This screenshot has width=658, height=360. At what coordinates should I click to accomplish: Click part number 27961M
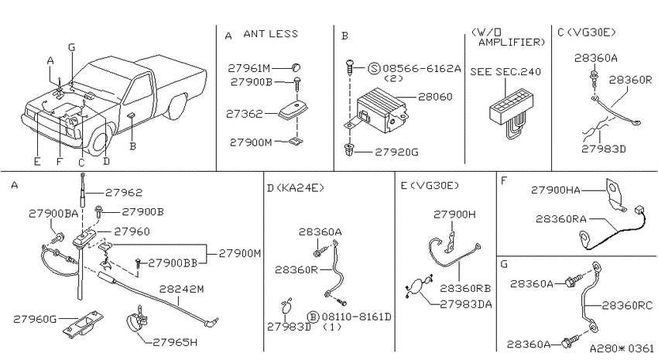pos(249,67)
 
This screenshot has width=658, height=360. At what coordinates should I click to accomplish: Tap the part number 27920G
pos(396,152)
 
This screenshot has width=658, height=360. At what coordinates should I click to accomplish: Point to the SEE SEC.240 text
pos(505,72)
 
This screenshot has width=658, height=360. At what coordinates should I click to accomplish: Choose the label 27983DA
pos(466,304)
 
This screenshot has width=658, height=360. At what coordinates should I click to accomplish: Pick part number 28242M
pos(182,289)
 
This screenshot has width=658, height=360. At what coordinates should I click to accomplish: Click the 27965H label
pos(175,342)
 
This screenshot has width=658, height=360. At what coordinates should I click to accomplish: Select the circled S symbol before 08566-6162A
pos(374,68)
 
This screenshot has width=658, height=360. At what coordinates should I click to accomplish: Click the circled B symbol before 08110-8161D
pos(314,317)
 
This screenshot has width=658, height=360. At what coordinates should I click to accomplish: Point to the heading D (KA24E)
pos(296,187)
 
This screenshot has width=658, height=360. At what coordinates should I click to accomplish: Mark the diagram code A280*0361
pos(622,348)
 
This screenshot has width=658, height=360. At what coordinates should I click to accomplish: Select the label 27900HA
pos(556,190)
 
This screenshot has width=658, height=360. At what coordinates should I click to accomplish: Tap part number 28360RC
pos(628,306)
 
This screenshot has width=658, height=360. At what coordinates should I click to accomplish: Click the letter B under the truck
pos(132,146)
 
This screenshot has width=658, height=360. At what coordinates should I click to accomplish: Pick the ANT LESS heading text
pos(271,33)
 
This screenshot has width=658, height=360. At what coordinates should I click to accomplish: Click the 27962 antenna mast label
pos(124,193)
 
